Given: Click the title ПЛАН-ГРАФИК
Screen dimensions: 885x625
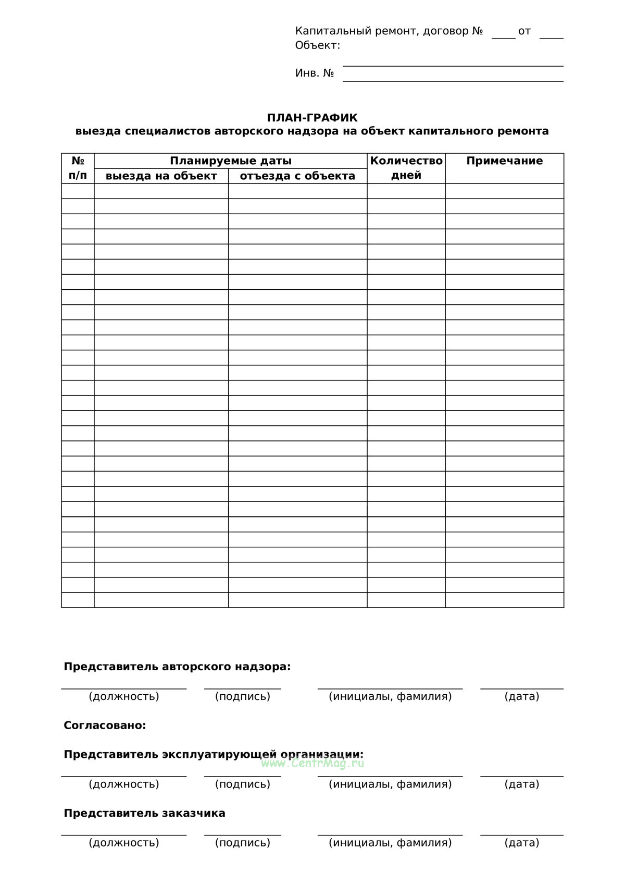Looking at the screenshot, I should pos(312,118).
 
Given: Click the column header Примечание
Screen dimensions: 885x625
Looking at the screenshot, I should pos(504,161).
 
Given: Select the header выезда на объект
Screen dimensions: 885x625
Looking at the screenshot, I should pos(161,176).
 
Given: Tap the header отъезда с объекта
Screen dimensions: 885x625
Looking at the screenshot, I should pos(297,176).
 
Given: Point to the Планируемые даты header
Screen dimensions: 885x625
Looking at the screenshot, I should pos(230,161).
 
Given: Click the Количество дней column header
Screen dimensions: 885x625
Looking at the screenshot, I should pos(406,168).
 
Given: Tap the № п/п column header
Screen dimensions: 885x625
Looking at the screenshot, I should pos(78,168).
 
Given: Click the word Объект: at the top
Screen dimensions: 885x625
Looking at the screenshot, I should pos(318,45).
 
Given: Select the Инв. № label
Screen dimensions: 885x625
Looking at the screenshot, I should pos(315,73).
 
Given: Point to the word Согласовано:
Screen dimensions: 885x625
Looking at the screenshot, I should pos(105,726).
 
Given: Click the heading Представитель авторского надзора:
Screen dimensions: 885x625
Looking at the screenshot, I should pos(177,667).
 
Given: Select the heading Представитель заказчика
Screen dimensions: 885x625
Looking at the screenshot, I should pos(144,813).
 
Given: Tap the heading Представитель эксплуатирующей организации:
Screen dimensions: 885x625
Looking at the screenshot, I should pos(214,754).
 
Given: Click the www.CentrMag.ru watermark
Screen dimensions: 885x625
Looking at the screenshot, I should pos(312,764).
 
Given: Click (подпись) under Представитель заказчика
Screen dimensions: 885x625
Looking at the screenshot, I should pos(243,843).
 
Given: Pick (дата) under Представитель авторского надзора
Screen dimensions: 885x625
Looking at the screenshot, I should pos(522,696).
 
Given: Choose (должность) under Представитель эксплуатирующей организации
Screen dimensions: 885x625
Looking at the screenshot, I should pos(124,784).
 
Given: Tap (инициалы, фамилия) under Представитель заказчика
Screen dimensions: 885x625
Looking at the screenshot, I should pos(390,843).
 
